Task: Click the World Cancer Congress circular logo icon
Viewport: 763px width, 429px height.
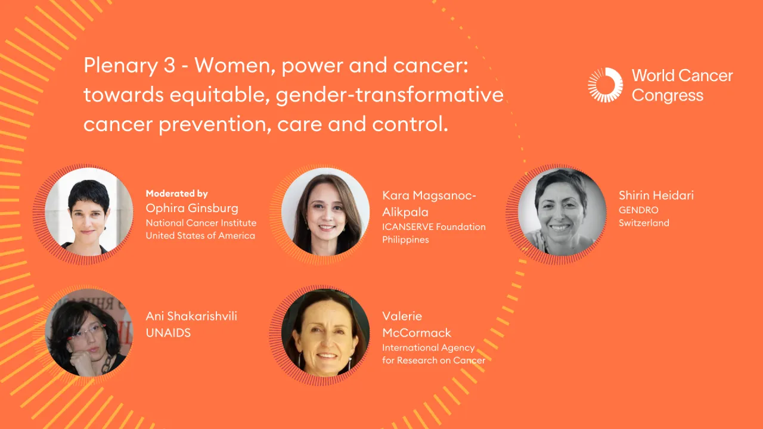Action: [605, 85]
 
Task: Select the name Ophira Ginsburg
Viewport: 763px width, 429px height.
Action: [192, 208]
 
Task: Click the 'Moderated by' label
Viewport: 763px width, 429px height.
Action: [176, 194]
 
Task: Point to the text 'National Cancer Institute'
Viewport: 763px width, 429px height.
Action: [201, 223]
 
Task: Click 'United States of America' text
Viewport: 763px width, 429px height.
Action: [200, 236]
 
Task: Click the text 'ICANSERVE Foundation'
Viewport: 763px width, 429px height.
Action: [433, 227]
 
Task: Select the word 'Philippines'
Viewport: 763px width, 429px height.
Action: [405, 240]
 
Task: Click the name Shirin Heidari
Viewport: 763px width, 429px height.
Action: [656, 195]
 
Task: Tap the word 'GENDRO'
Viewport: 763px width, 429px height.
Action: [638, 210]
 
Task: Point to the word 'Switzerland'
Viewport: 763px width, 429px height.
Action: [644, 223]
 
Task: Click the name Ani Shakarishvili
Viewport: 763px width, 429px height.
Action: [191, 316]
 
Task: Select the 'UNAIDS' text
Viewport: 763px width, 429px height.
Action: [168, 333]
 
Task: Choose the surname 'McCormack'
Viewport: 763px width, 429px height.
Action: [417, 332]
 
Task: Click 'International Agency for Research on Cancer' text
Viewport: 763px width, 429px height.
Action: [433, 354]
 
